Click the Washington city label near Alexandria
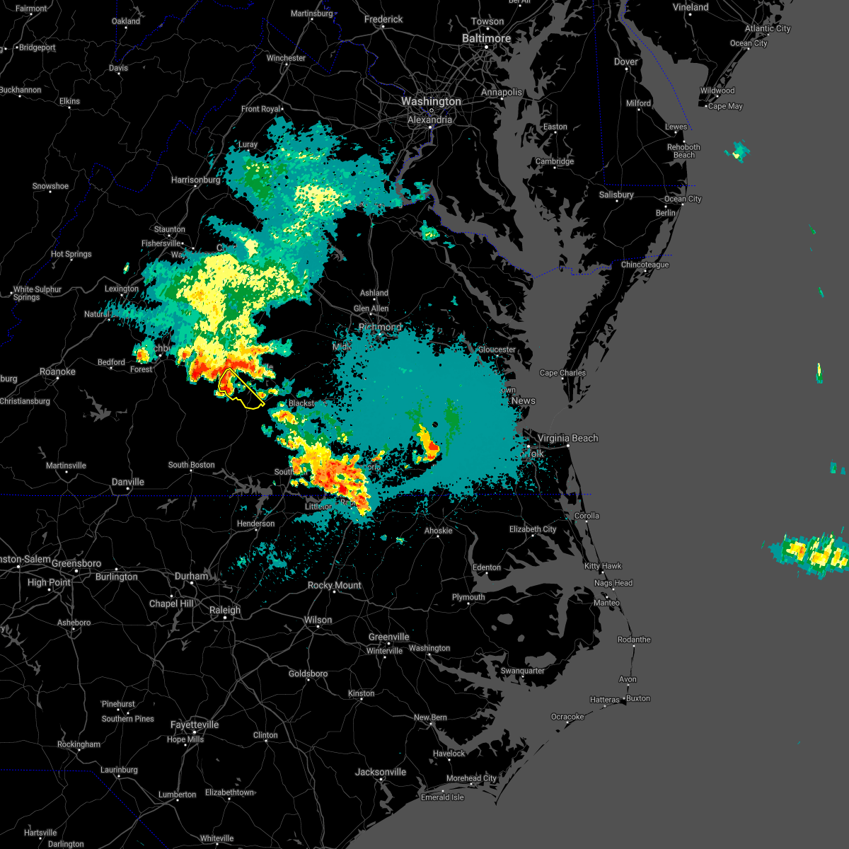pyautogui.click(x=431, y=102)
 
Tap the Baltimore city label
pyautogui.click(x=486, y=38)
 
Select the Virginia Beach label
pyautogui.click(x=567, y=439)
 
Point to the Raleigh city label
pyautogui.click(x=225, y=610)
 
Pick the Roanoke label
pyautogui.click(x=57, y=372)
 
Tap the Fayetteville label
pyautogui.click(x=195, y=725)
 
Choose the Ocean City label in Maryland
pyautogui.click(x=683, y=199)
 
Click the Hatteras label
pyautogui.click(x=604, y=700)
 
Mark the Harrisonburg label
pyautogui.click(x=196, y=180)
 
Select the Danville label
pyautogui.click(x=128, y=482)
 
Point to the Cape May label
pyautogui.click(x=725, y=106)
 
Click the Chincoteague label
pyautogui.click(x=645, y=265)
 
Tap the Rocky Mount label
pyautogui.click(x=335, y=585)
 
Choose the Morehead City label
pyautogui.click(x=471, y=778)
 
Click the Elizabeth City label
pyautogui.click(x=533, y=529)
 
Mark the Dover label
pyautogui.click(x=626, y=62)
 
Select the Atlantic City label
pyautogui.click(x=768, y=28)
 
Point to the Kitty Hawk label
pyautogui.click(x=602, y=566)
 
